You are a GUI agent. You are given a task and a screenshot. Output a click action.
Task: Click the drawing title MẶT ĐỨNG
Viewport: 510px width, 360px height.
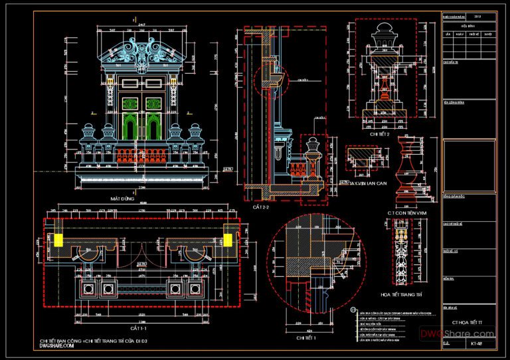point(123,199)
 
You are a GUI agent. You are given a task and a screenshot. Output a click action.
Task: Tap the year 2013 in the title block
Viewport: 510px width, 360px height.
point(477,15)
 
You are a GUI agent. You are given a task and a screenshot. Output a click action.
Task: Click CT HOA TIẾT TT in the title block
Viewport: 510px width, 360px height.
point(469,321)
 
